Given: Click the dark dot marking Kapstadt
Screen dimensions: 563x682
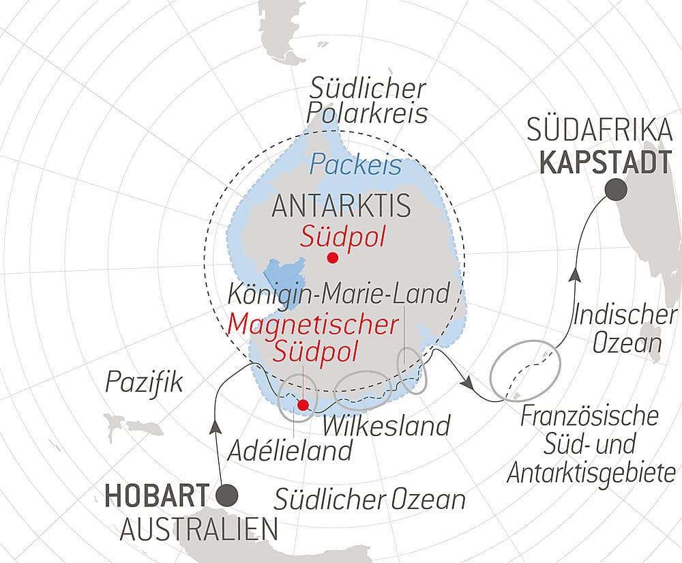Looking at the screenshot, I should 616,190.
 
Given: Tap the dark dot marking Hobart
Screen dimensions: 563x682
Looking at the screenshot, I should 226,494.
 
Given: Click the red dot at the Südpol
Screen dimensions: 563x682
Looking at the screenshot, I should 333,257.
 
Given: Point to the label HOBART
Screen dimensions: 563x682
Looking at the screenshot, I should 156,495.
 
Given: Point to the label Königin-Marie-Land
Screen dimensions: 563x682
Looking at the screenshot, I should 339,293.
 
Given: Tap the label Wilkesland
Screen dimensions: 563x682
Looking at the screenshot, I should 387,425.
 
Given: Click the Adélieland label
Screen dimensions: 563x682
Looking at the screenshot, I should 291,450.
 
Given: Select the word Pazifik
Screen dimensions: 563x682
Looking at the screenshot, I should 144,383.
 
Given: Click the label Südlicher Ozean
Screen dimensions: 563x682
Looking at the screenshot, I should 370,500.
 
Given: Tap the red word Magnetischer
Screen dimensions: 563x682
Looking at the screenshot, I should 313,323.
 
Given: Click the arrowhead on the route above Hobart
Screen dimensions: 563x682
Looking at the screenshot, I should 217,427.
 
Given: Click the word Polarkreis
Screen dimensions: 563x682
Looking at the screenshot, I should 369,113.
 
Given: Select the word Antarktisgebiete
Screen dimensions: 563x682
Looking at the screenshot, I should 591,472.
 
